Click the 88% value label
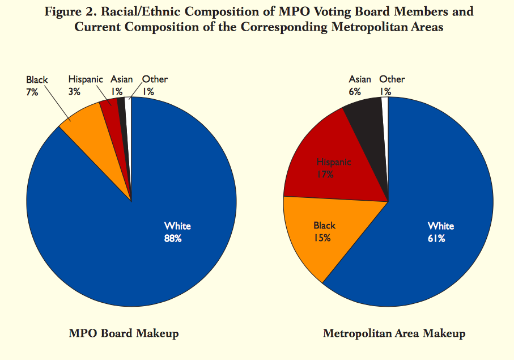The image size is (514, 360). point(173,239)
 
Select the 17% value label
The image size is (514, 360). point(325,175)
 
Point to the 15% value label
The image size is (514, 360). point(322,238)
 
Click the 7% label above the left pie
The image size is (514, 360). point(32,92)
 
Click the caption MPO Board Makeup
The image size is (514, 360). point(124,333)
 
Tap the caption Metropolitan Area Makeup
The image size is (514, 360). point(394,333)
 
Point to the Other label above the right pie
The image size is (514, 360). point(392,79)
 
